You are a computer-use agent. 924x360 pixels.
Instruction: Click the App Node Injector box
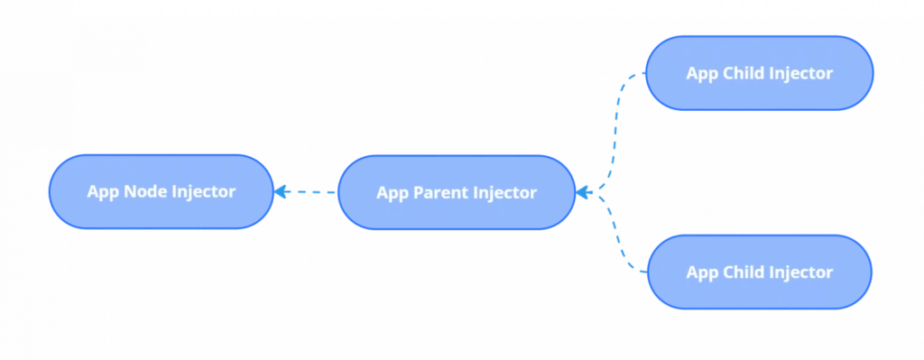161,191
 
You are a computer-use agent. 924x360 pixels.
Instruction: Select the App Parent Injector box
456,192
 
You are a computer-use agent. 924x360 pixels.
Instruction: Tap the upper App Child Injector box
759,73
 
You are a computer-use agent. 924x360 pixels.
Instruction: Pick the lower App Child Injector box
759,272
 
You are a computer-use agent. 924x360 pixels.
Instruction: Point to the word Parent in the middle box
440,192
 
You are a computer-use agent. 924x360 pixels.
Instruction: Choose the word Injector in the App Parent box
504,192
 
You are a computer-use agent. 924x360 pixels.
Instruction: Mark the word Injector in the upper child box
800,73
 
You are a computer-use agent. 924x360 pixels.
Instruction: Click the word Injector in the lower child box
800,272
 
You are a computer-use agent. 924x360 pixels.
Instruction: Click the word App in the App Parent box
392,192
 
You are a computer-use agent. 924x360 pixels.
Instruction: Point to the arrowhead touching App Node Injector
281,191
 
